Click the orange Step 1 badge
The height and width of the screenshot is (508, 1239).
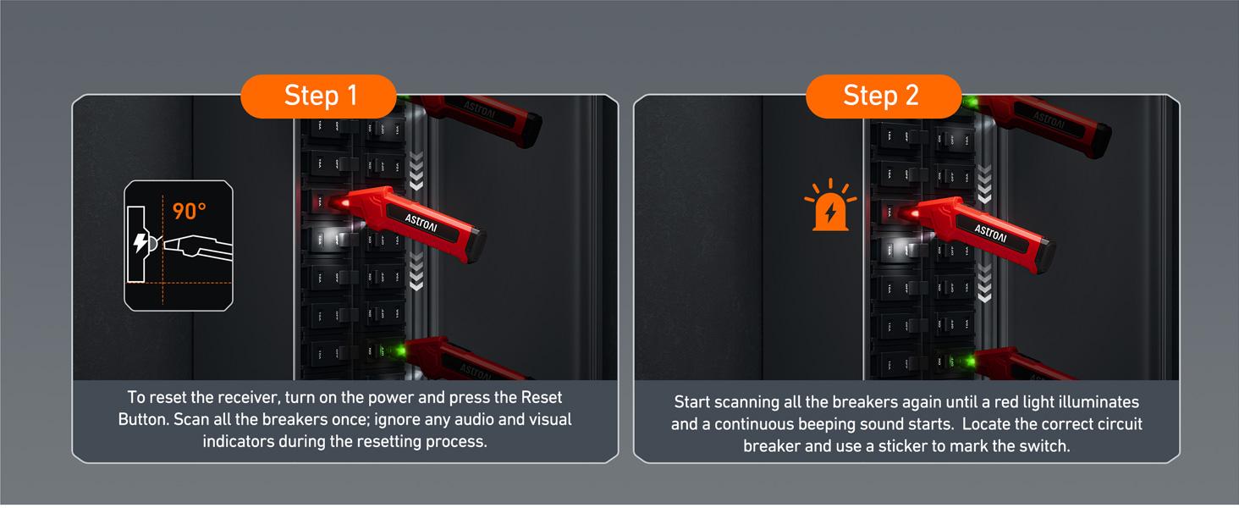pos(320,96)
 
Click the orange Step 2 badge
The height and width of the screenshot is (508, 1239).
pos(881,96)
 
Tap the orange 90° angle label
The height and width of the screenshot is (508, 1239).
pos(190,211)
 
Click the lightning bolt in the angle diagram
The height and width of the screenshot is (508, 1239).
pos(140,244)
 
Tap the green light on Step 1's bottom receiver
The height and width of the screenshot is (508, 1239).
pos(397,349)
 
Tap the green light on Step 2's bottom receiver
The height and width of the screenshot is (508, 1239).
pos(966,362)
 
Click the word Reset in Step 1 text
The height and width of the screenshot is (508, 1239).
pos(541,397)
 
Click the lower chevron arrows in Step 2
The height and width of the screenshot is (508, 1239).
pos(984,284)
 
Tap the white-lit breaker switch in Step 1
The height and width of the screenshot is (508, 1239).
pos(323,238)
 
